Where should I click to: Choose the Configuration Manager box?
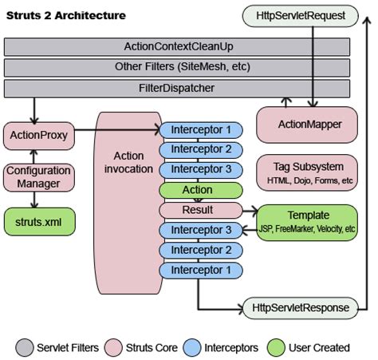[37, 176]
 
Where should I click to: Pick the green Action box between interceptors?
[196, 190]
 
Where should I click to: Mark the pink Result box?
[196, 210]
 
